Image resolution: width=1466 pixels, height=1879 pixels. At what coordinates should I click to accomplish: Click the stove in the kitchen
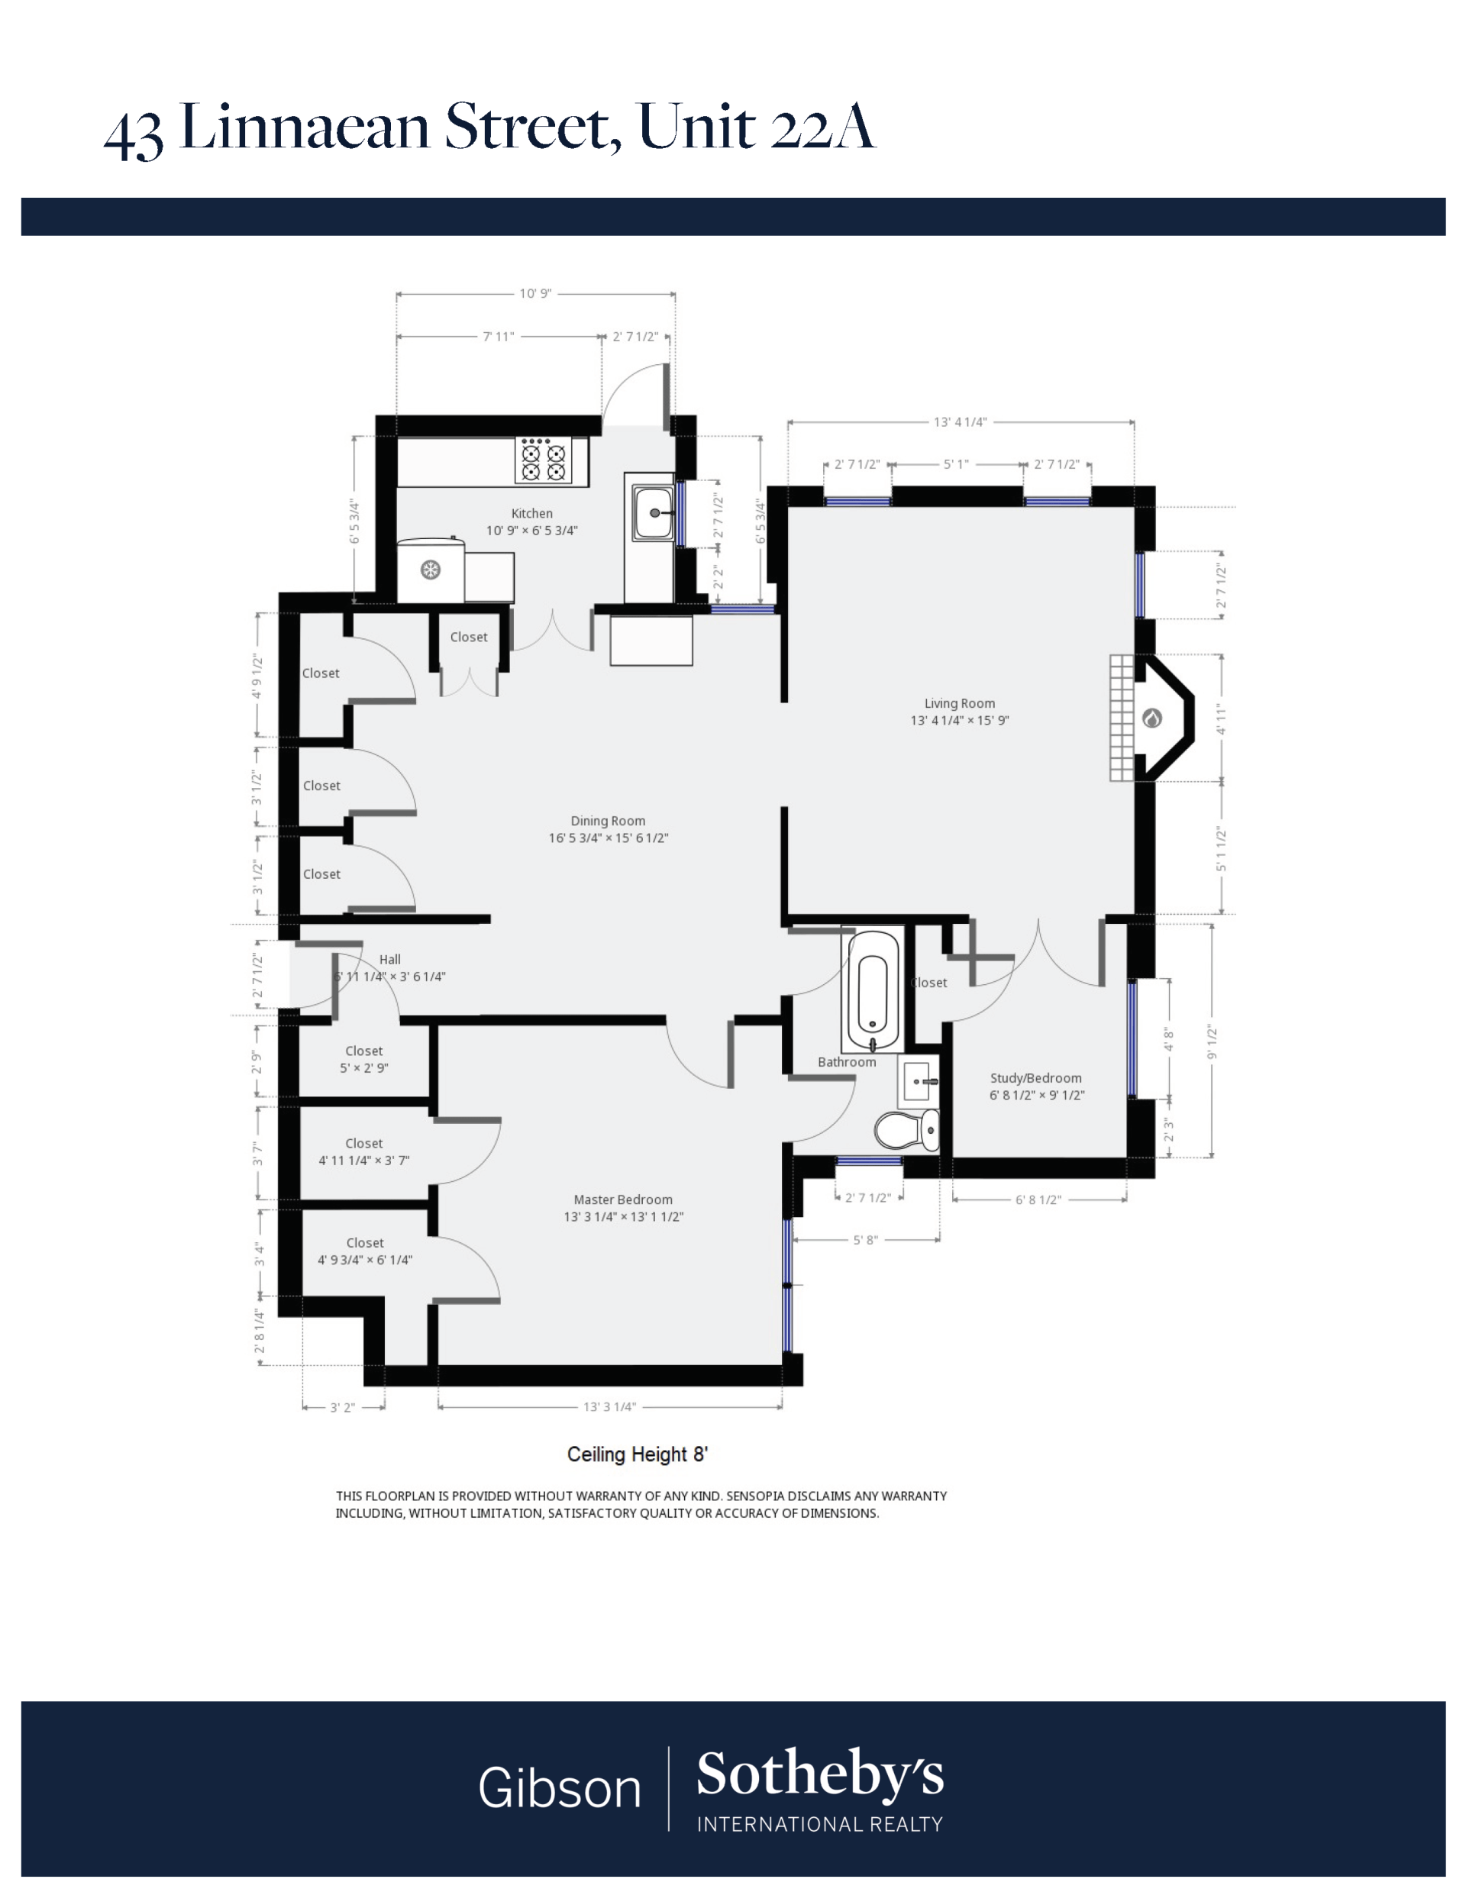tap(544, 461)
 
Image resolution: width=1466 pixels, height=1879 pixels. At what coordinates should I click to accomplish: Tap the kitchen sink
tap(652, 513)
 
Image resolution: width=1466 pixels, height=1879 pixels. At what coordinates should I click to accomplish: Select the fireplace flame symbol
tap(1152, 718)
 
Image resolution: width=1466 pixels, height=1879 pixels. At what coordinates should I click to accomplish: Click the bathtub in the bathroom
tap(873, 990)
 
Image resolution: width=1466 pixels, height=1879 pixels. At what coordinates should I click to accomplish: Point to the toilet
tap(907, 1130)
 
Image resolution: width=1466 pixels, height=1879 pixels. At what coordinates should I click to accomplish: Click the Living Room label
tap(959, 703)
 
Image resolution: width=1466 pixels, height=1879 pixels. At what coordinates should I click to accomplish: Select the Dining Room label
tap(607, 821)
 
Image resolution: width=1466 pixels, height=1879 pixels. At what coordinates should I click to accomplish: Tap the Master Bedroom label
tap(623, 1199)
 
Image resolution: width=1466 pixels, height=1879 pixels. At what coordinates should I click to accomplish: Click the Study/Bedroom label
tap(1036, 1078)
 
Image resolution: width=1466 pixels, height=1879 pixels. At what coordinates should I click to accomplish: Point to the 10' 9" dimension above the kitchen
tap(535, 293)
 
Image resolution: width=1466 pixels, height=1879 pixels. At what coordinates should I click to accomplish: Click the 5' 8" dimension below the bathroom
tap(864, 1240)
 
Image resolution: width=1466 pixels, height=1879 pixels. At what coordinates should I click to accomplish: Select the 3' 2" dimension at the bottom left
tap(342, 1407)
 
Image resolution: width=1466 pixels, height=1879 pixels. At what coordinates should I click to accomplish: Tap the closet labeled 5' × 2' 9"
tap(364, 1059)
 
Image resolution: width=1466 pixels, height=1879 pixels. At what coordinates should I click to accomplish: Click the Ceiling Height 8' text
tap(637, 1454)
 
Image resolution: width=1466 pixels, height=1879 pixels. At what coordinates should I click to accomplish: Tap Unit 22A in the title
tap(757, 128)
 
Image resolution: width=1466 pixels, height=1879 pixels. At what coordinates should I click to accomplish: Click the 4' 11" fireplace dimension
tap(1220, 718)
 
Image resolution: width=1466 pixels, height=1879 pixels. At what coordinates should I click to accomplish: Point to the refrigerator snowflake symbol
tap(430, 570)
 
